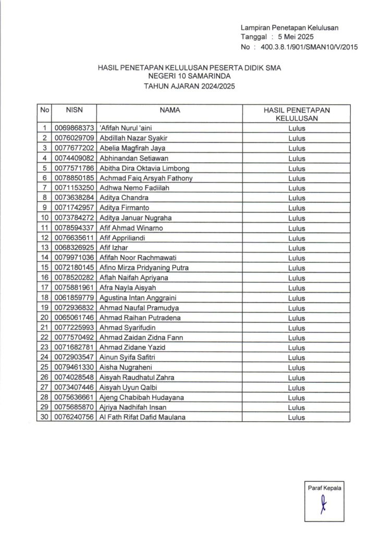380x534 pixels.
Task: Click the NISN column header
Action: (74, 111)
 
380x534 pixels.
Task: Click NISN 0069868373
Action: (74, 128)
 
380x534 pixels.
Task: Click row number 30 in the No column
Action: (44, 417)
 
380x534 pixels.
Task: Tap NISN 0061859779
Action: (74, 297)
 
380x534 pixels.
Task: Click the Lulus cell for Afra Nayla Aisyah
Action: (296, 287)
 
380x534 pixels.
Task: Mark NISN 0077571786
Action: (74, 168)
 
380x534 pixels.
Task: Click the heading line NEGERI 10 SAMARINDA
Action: (182, 77)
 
